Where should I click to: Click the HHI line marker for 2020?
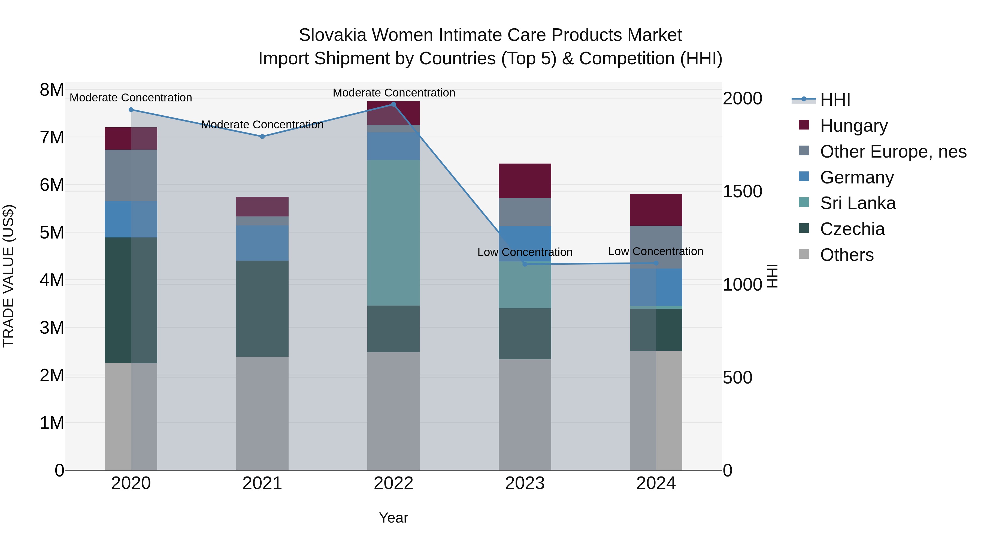(x=131, y=110)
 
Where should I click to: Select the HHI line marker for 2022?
(x=393, y=104)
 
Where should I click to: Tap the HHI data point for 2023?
(x=525, y=264)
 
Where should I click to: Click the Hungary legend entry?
(x=853, y=126)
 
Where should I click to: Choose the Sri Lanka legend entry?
(x=857, y=203)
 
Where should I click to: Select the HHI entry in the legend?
(x=834, y=100)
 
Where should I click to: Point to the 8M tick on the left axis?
(x=52, y=90)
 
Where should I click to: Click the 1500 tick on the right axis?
(x=742, y=191)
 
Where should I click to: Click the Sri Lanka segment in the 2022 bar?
(x=393, y=232)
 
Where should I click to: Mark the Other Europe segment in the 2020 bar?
(x=131, y=175)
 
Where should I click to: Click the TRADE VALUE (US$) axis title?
(x=8, y=276)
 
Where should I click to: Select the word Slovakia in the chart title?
(x=332, y=35)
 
